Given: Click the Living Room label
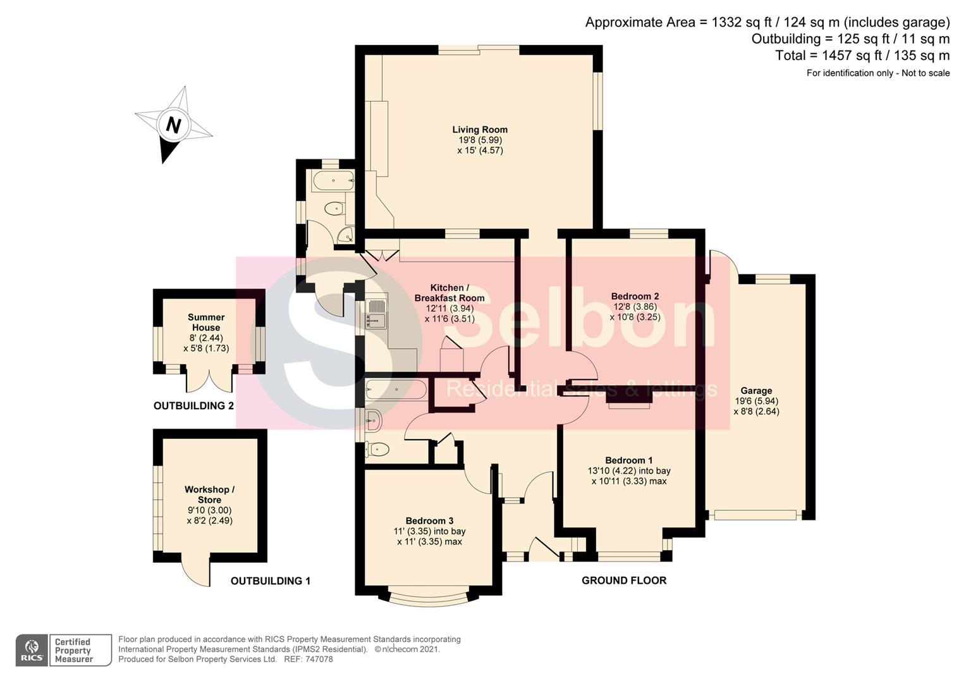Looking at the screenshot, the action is [480, 130].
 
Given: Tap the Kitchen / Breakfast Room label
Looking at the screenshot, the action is [449, 293].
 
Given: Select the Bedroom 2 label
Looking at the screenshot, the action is [635, 297].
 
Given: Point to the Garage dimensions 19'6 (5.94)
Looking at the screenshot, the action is [756, 401].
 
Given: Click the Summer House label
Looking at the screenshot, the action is [206, 323].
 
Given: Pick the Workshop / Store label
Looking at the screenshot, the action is [210, 495].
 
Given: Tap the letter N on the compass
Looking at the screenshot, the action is [173, 125].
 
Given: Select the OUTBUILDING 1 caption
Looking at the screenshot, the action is [271, 581].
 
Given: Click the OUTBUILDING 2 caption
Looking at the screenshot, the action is [193, 405].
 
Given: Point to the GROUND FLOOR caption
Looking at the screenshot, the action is [624, 581].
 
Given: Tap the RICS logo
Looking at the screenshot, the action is [32, 650].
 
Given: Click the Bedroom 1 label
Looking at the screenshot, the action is [629, 460].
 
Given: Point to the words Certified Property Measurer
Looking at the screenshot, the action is [73, 650].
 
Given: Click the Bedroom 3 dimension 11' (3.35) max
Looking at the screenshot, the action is [429, 541].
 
